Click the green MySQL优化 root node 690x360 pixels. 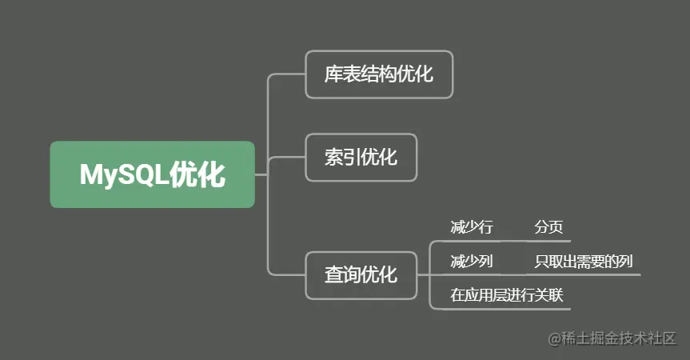click(x=152, y=174)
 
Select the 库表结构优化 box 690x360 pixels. click(x=379, y=74)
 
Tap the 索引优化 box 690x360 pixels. click(x=361, y=157)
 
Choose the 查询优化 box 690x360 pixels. click(x=361, y=275)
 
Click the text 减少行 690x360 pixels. click(x=472, y=228)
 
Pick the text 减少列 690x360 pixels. click(x=472, y=262)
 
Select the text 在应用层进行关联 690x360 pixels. click(x=507, y=295)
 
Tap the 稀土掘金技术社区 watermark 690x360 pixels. click(x=620, y=339)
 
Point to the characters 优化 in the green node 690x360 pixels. click(x=198, y=175)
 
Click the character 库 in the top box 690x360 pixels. click(x=333, y=75)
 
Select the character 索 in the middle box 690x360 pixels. click(x=333, y=158)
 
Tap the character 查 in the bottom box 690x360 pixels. click(x=333, y=276)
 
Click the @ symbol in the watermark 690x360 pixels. click(x=555, y=340)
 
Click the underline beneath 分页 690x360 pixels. click(x=552, y=241)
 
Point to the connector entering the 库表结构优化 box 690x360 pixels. click(x=286, y=74)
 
